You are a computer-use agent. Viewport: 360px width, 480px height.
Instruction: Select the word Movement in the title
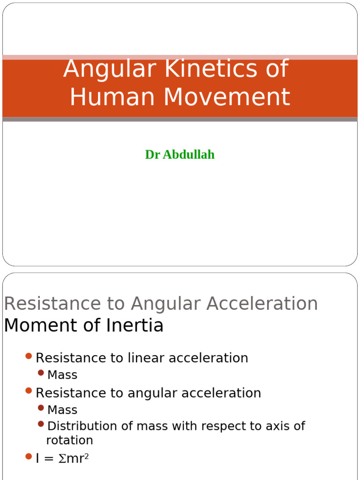[x=227, y=97]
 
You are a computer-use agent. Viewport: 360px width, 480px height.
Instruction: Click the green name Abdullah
[x=188, y=155]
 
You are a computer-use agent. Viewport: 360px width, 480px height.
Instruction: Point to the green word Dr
[x=152, y=155]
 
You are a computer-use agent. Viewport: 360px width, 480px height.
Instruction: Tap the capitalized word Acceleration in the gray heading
[x=262, y=304]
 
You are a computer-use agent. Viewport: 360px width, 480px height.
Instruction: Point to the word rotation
[x=69, y=441]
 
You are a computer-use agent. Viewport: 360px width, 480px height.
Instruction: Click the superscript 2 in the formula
[x=86, y=455]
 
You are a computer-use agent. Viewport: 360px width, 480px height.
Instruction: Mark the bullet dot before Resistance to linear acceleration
[x=29, y=357]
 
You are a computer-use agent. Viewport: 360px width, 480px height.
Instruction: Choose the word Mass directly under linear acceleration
[x=62, y=375]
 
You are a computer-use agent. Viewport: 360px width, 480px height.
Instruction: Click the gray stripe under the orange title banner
[x=180, y=120]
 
